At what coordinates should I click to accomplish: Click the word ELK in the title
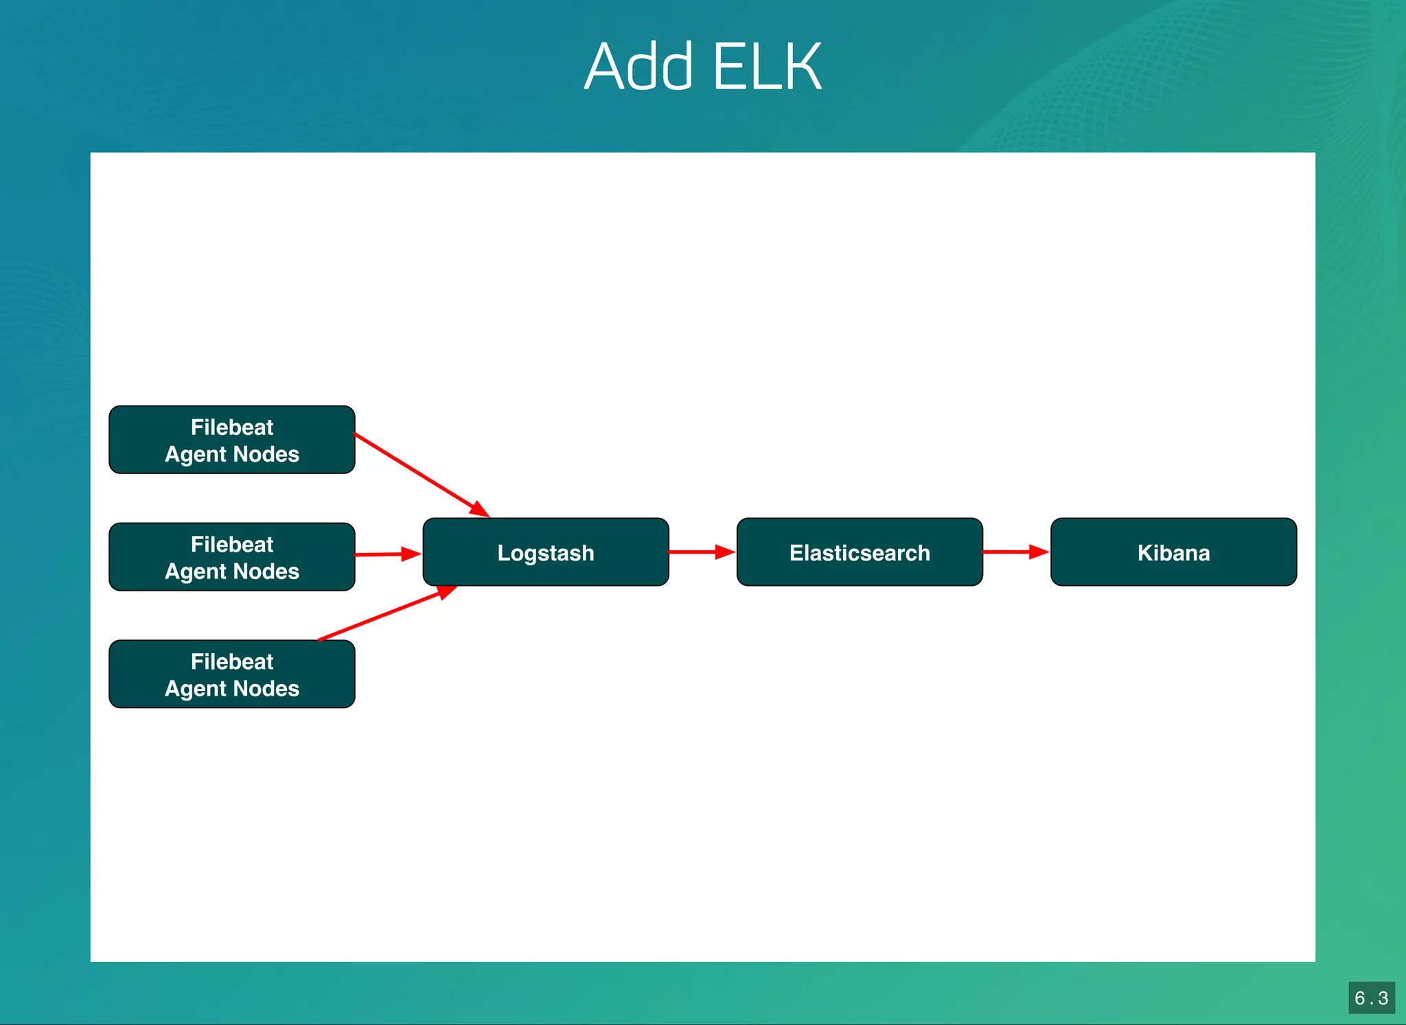(767, 67)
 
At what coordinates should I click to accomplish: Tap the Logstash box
(546, 552)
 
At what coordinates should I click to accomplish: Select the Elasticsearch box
(860, 552)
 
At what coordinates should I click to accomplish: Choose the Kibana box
(1173, 552)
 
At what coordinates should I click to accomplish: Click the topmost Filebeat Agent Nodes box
(232, 440)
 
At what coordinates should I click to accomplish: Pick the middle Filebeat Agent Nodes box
(232, 557)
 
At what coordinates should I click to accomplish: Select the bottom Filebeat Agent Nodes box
(232, 674)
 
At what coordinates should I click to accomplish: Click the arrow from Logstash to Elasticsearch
(697, 552)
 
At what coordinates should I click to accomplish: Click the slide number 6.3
(1371, 998)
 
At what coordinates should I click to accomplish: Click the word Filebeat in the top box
(232, 427)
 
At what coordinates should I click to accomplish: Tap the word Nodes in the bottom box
(266, 689)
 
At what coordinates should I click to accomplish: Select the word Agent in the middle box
(196, 572)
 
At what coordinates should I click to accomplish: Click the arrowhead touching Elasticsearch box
(725, 552)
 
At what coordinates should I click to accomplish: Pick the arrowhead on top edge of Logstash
(480, 510)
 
